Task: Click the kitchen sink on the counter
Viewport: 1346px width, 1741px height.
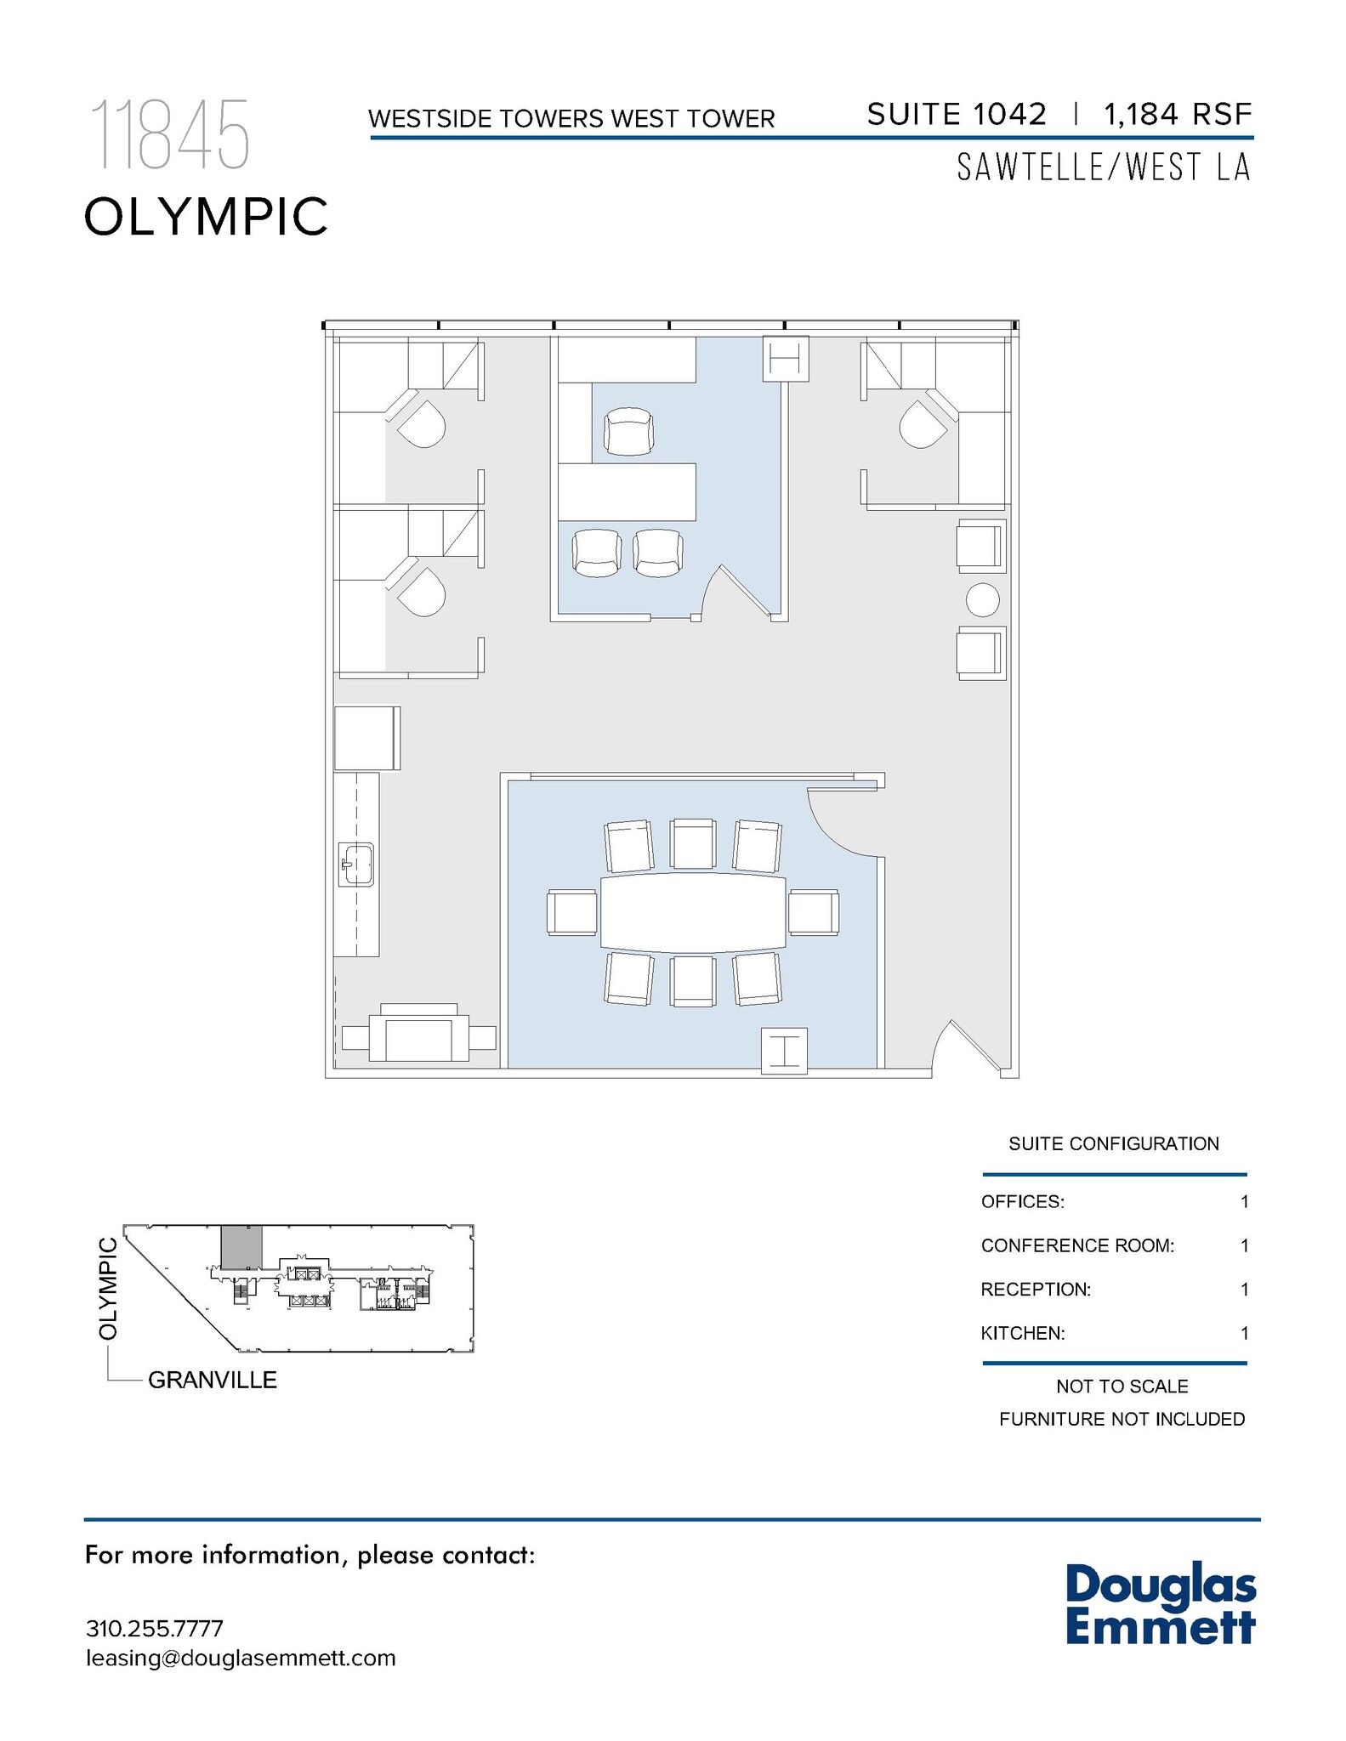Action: [x=357, y=864]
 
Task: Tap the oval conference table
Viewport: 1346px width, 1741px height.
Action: [x=693, y=913]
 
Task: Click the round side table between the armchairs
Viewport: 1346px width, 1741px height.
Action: [x=982, y=600]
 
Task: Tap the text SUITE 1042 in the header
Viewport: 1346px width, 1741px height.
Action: [x=956, y=114]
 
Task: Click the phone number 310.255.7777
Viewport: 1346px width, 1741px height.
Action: [x=154, y=1629]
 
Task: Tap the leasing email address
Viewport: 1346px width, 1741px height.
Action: [x=241, y=1658]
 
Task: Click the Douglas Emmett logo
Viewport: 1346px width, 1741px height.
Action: [x=1160, y=1603]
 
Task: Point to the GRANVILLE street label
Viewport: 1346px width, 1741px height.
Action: [x=213, y=1380]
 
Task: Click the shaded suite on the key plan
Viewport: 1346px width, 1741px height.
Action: [x=241, y=1247]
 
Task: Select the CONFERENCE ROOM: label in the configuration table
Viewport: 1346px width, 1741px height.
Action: [x=1076, y=1245]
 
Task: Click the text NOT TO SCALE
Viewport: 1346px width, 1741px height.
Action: [x=1122, y=1387]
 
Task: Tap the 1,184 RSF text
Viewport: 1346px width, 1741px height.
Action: [x=1178, y=114]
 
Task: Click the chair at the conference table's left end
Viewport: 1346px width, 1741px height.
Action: [x=572, y=913]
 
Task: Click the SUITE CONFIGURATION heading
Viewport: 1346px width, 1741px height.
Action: [x=1113, y=1143]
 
